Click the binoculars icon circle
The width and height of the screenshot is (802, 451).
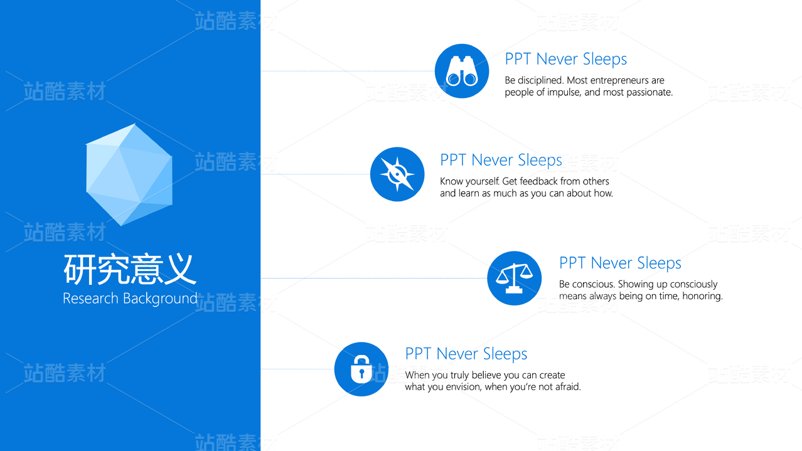click(x=462, y=71)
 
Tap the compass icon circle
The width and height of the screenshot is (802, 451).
click(x=397, y=174)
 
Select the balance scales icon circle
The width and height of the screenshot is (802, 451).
click(x=514, y=278)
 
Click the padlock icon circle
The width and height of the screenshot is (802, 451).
click(x=361, y=369)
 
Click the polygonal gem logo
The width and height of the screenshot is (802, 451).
click(x=129, y=174)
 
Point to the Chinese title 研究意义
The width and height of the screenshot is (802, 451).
click(x=130, y=269)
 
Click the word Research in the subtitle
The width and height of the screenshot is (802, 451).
click(x=90, y=298)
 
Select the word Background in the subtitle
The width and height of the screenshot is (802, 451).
click(x=160, y=299)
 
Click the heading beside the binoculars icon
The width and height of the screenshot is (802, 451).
click(x=565, y=59)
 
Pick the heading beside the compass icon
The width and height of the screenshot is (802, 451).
click(x=501, y=160)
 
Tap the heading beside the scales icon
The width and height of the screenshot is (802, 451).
click(x=620, y=263)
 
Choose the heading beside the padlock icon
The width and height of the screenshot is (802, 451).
click(x=466, y=354)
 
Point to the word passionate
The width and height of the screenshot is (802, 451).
click(x=650, y=92)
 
